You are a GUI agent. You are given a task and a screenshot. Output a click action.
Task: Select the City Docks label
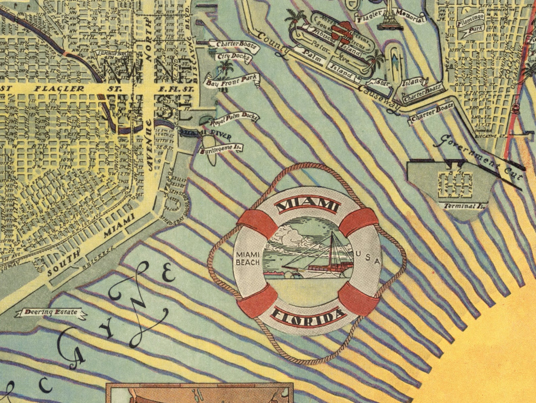[x=234, y=57]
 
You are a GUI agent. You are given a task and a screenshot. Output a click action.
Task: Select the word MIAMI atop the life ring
[x=307, y=205]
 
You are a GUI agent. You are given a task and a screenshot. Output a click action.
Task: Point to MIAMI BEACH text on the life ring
[x=248, y=259]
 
